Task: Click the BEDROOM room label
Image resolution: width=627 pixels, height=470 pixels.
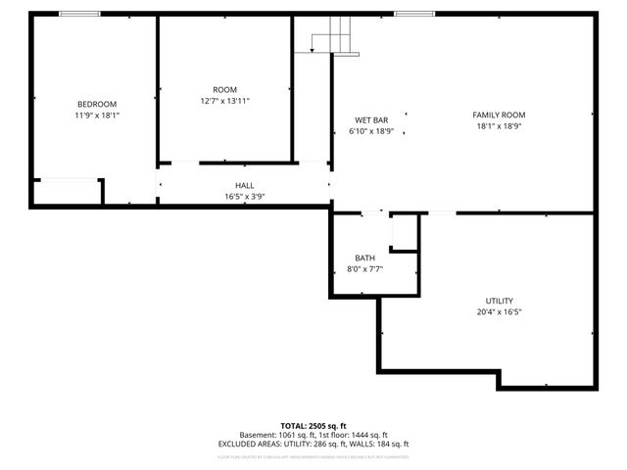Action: [97, 105]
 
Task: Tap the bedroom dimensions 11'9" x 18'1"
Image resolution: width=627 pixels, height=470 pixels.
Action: [97, 116]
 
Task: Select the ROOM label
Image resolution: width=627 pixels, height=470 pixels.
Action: [225, 90]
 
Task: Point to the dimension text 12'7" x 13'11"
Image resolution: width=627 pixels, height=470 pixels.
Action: [225, 101]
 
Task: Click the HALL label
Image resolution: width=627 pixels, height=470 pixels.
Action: [244, 185]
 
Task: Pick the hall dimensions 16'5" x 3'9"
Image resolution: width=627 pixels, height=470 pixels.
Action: [244, 196]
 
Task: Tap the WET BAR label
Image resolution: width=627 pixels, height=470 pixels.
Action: [372, 120]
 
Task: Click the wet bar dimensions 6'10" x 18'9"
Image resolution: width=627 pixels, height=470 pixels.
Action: [372, 131]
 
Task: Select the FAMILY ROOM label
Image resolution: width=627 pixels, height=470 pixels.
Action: [500, 115]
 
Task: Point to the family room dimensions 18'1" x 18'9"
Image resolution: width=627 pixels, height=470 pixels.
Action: [500, 125]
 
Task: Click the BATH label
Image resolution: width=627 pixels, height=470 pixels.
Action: [363, 258]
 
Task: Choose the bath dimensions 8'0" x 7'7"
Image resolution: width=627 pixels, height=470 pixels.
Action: [363, 269]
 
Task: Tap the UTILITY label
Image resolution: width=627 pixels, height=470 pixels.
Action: [500, 301]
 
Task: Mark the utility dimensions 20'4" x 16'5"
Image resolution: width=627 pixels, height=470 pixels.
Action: [500, 312]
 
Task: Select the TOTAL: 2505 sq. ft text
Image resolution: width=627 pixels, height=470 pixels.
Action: [313, 426]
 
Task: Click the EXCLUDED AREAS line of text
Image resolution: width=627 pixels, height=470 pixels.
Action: [313, 444]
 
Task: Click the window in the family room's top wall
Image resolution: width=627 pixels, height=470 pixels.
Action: [414, 14]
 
